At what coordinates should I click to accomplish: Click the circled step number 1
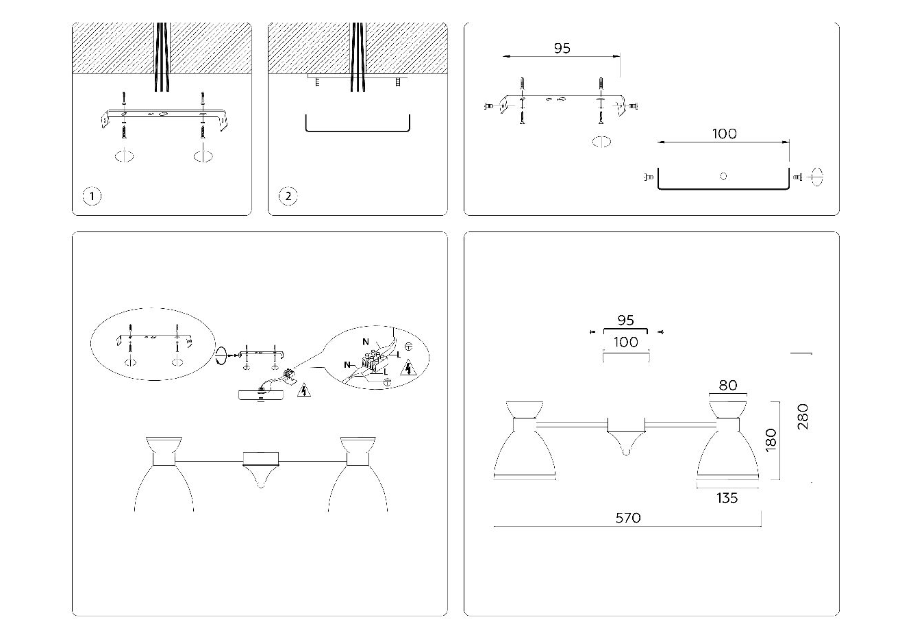pyautogui.click(x=92, y=197)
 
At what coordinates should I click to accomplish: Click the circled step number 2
pyautogui.click(x=288, y=197)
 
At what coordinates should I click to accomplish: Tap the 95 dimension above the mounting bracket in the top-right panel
pyautogui.click(x=562, y=49)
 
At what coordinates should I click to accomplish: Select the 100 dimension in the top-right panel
pyautogui.click(x=724, y=134)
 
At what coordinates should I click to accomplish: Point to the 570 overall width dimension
pyautogui.click(x=627, y=518)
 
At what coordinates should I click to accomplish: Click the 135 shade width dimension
pyautogui.click(x=727, y=498)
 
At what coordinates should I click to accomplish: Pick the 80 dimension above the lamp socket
pyautogui.click(x=727, y=386)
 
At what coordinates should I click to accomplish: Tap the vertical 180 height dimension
pyautogui.click(x=771, y=440)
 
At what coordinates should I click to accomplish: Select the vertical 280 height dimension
pyautogui.click(x=803, y=416)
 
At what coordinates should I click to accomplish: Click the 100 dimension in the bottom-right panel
pyautogui.click(x=625, y=342)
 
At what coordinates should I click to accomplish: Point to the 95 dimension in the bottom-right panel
pyautogui.click(x=625, y=321)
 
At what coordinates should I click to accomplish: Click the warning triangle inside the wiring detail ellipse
pyautogui.click(x=409, y=368)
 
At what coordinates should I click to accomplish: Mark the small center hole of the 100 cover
pyautogui.click(x=723, y=176)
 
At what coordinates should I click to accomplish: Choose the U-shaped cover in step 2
pyautogui.click(x=357, y=125)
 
